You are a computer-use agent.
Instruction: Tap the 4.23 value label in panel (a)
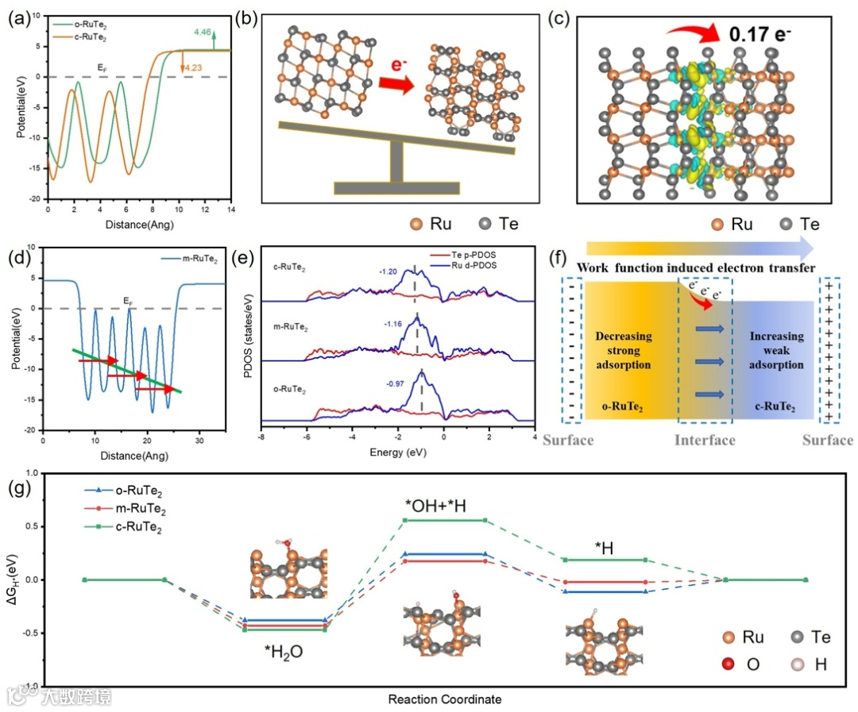[x=193, y=67]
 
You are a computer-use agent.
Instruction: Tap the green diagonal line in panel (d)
[x=128, y=370]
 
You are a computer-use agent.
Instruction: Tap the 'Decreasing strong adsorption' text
[x=624, y=350]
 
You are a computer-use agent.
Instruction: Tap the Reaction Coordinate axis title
[x=445, y=700]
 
